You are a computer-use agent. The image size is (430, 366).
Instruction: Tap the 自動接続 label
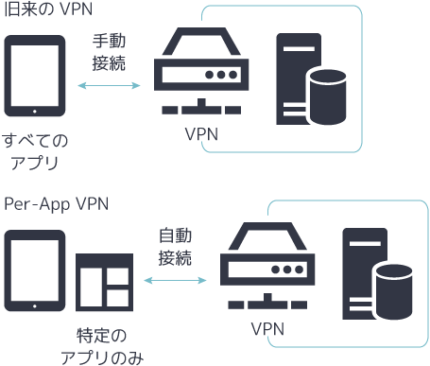coord(175,246)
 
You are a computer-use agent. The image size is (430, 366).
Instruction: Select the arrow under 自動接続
coord(175,280)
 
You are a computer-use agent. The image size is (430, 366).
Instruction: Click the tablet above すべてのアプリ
coord(35,76)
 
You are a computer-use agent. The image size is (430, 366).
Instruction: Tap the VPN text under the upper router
coord(201,134)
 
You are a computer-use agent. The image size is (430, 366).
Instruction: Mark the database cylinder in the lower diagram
coord(394,291)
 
